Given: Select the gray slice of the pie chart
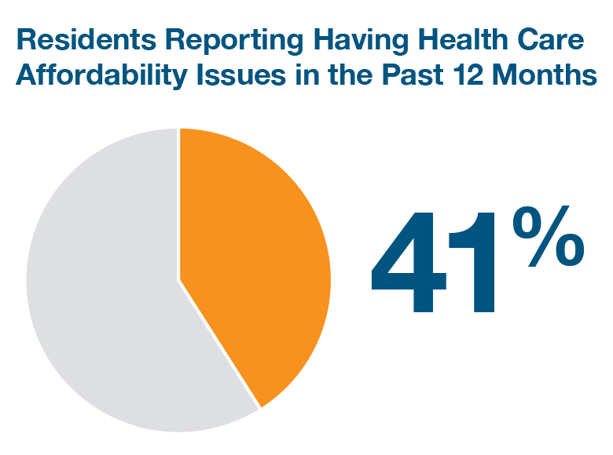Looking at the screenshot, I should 102,298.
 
